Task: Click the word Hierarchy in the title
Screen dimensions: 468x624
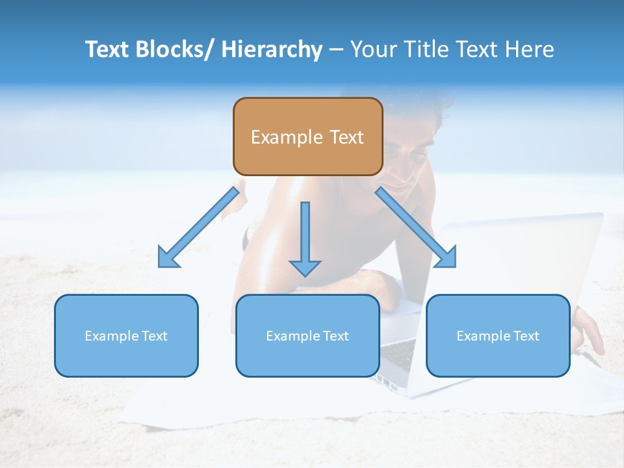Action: coord(272,50)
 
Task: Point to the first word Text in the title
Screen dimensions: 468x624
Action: coord(107,50)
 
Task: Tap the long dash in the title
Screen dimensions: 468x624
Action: coord(336,50)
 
